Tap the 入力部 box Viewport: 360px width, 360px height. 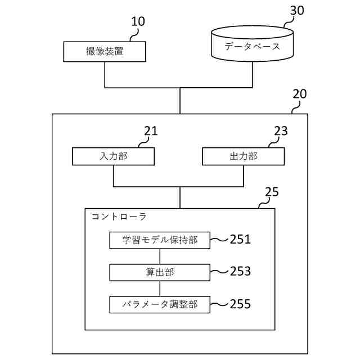click(x=113, y=156)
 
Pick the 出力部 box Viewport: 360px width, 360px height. click(x=244, y=156)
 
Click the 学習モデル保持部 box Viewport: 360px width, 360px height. click(x=160, y=240)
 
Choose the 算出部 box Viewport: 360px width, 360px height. click(x=160, y=272)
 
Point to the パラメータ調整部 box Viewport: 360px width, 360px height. click(x=160, y=304)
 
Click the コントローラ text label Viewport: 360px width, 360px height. click(x=119, y=216)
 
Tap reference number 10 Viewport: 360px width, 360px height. click(x=138, y=22)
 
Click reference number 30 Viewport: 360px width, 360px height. click(x=298, y=11)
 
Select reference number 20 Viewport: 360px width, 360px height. click(x=300, y=94)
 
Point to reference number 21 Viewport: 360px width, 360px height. click(x=151, y=131)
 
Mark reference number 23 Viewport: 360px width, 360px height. click(x=281, y=131)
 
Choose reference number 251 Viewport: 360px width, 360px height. click(x=240, y=240)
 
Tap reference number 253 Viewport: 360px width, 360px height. click(x=240, y=272)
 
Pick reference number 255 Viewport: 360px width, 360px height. click(x=240, y=304)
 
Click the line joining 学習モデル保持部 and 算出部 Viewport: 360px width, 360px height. click(x=160, y=256)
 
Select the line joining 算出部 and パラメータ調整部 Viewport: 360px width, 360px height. click(x=160, y=288)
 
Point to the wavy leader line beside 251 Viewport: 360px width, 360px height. click(x=219, y=241)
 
